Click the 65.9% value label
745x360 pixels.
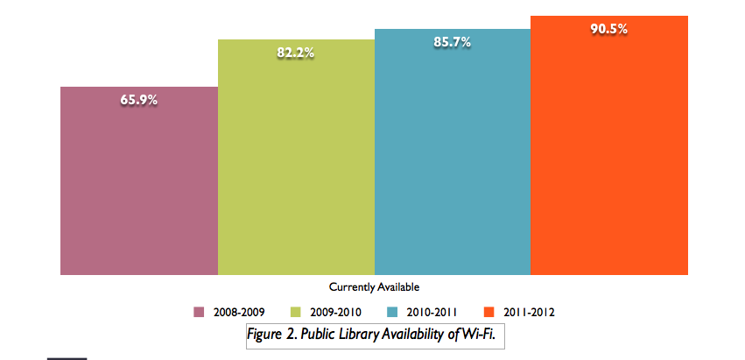pyautogui.click(x=139, y=100)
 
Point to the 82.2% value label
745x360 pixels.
pyautogui.click(x=296, y=53)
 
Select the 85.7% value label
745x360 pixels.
pyautogui.click(x=452, y=41)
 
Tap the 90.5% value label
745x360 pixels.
pyautogui.click(x=608, y=28)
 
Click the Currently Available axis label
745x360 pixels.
pyautogui.click(x=374, y=286)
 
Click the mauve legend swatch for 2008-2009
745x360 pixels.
pyautogui.click(x=198, y=311)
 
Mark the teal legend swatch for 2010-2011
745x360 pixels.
pyautogui.click(x=392, y=311)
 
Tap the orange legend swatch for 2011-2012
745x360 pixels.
pyautogui.click(x=489, y=311)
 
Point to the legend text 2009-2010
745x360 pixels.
pyautogui.click(x=334, y=311)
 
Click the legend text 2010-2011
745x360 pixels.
pyautogui.click(x=432, y=311)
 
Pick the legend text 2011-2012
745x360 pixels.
pyautogui.click(x=529, y=311)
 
